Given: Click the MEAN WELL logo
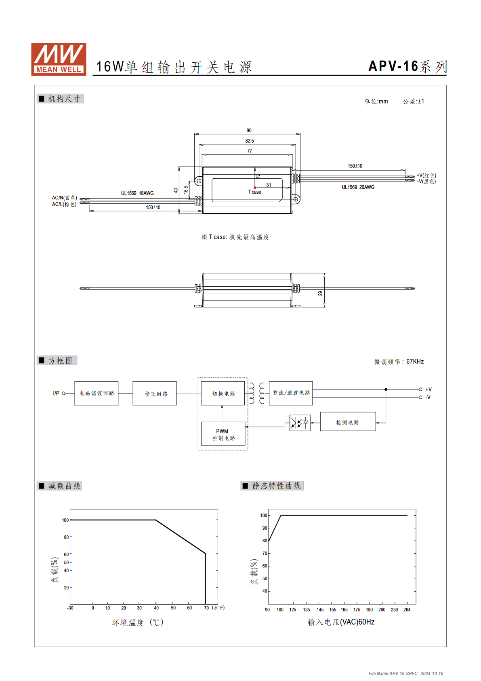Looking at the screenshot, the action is [x=59, y=59].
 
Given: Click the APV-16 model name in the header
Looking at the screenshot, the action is [x=393, y=66].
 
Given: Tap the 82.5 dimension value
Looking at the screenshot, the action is [x=249, y=141].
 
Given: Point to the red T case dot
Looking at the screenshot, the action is [x=255, y=188].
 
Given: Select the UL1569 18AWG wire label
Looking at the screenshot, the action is [x=137, y=193].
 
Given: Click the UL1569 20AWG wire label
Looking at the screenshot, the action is [x=358, y=187].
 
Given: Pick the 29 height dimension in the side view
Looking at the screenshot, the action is [x=320, y=293].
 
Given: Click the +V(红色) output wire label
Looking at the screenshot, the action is [x=426, y=175].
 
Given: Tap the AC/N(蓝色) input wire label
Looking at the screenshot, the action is [x=64, y=198].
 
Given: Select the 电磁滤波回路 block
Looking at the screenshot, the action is [x=96, y=393].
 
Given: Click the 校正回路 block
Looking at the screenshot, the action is [x=155, y=393].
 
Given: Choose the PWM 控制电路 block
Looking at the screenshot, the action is [x=223, y=434].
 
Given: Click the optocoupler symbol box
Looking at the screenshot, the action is [x=300, y=423].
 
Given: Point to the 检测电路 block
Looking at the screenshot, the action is [x=348, y=421].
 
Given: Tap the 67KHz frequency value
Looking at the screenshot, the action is [x=415, y=362].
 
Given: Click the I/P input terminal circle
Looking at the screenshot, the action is [x=63, y=393].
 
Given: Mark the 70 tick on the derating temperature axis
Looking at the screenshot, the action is [x=206, y=608].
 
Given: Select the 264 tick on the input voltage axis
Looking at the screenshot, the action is [x=407, y=609].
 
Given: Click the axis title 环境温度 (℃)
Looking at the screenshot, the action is [x=138, y=622].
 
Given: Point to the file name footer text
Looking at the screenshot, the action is [x=406, y=673].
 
